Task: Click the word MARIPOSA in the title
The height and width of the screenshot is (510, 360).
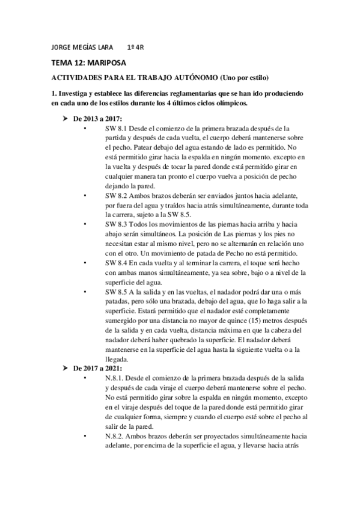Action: pos(105,63)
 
